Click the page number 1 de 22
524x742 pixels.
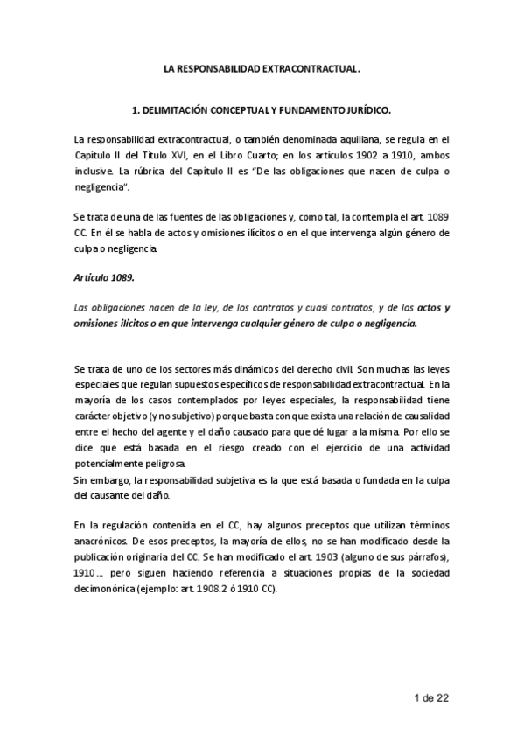pyautogui.click(x=431, y=697)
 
